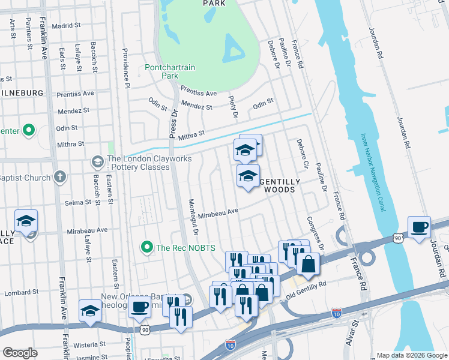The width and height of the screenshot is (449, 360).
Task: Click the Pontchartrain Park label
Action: pyautogui.click(x=170, y=72)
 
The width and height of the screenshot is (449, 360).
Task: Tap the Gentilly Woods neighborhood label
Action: pyautogui.click(x=277, y=185)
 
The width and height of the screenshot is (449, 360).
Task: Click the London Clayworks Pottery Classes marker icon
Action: pyautogui.click(x=97, y=162)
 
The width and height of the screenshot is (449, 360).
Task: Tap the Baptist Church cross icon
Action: pyautogui.click(x=59, y=177)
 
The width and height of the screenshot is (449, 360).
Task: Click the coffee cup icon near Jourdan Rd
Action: pyautogui.click(x=419, y=227)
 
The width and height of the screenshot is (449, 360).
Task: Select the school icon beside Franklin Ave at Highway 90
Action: pyautogui.click(x=90, y=310)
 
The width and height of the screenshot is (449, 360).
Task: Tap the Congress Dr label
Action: pyautogui.click(x=315, y=234)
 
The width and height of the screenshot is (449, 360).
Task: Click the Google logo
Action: pyautogui.click(x=20, y=353)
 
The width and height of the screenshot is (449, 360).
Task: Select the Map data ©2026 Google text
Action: pyautogui.click(x=412, y=355)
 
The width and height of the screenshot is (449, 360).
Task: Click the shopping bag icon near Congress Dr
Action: pyautogui.click(x=307, y=264)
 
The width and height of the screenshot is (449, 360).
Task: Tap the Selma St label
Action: pyautogui.click(x=78, y=202)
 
